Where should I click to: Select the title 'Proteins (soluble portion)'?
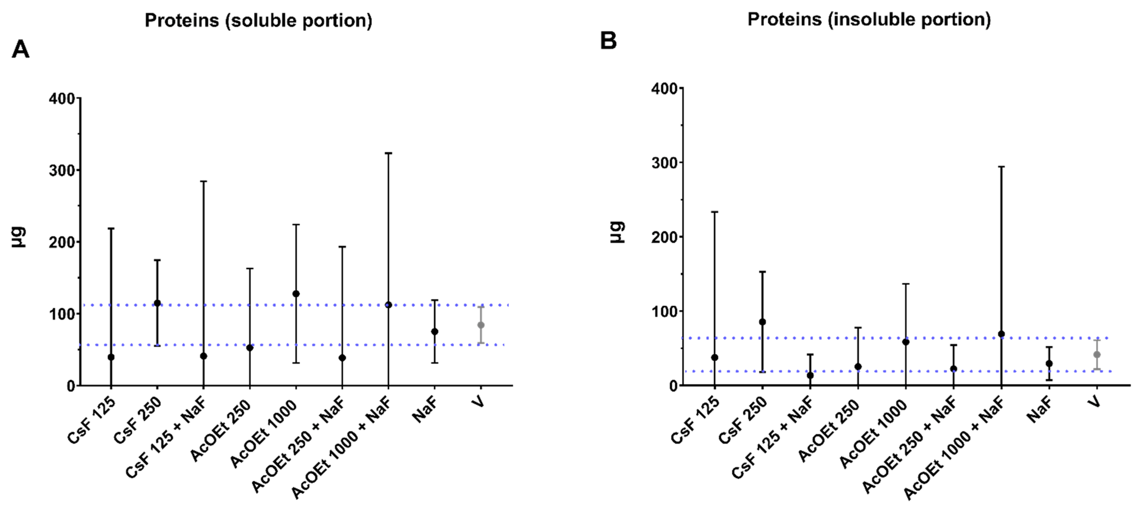tap(258, 21)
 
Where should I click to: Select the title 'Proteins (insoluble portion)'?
tap(869, 20)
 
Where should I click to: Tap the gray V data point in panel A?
tap(481, 325)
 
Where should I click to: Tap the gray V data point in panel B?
tap(1097, 354)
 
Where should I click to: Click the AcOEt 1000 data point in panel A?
tap(296, 294)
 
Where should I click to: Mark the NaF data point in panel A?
tap(434, 331)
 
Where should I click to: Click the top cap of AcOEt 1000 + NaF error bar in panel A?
tap(388, 153)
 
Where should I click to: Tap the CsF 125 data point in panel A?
tap(111, 357)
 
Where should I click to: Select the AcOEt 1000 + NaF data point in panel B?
tap(1001, 334)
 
